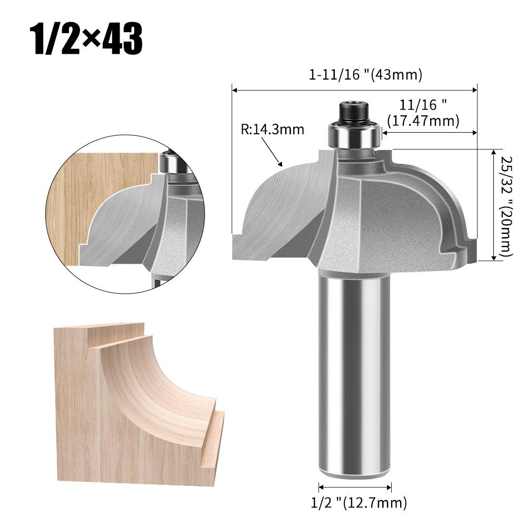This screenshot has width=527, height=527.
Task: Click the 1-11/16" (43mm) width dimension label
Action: [x=365, y=75]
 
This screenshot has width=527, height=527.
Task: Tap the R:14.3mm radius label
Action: [x=273, y=130]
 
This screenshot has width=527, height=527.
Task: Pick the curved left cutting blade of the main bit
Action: [x=274, y=211]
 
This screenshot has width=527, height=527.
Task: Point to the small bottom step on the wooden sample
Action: [x=213, y=442]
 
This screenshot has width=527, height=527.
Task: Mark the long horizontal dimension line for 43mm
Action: [x=354, y=90]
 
